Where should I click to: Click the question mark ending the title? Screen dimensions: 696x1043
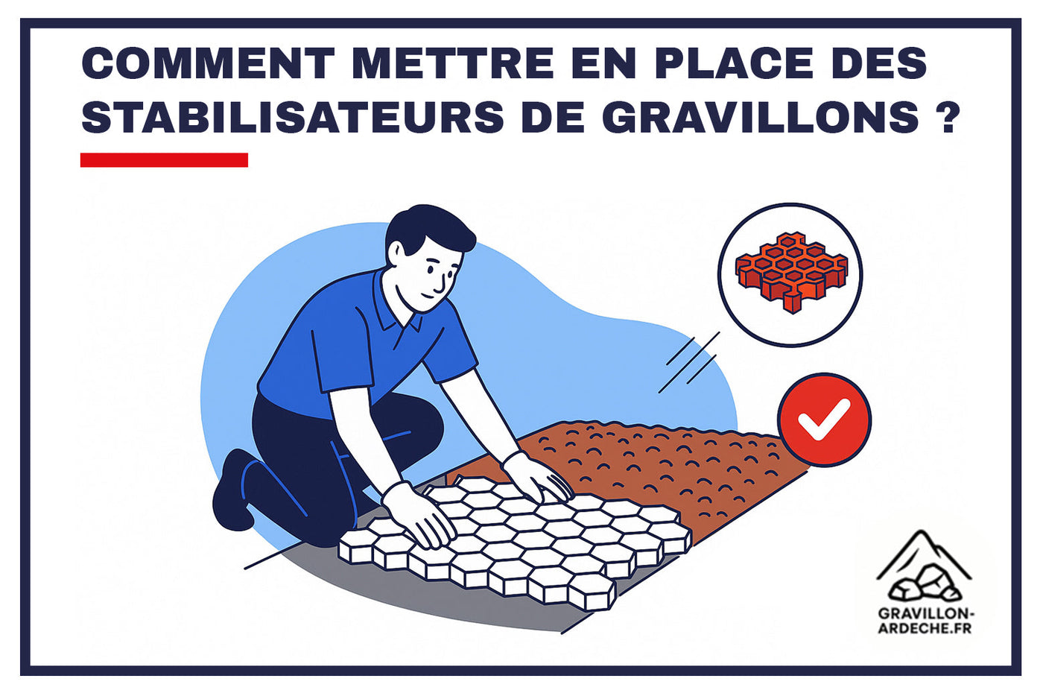948,118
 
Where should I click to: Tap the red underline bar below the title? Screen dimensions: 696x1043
164,160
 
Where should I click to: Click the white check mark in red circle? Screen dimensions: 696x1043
824,420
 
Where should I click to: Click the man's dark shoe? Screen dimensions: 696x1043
231,492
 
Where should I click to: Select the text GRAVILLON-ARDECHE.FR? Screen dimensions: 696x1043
925,620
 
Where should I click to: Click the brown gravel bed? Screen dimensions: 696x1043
670,462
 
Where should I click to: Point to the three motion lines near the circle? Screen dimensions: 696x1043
689,363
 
